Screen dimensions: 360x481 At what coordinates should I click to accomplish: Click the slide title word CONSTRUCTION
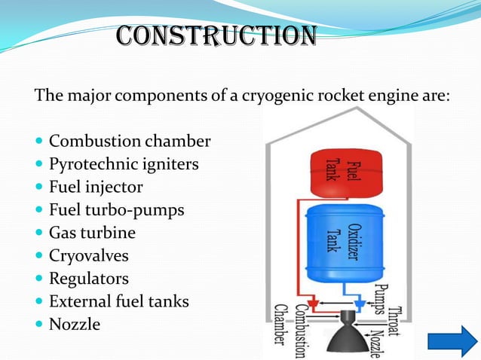(x=216, y=35)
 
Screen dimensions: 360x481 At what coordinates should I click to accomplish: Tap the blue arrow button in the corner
(x=452, y=340)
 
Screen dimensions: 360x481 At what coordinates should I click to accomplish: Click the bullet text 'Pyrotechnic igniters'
(x=124, y=164)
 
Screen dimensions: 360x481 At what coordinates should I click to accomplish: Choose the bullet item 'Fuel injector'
(x=96, y=187)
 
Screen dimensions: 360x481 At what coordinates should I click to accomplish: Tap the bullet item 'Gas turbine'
(x=92, y=233)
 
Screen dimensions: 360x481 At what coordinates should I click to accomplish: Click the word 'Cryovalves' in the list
(x=89, y=256)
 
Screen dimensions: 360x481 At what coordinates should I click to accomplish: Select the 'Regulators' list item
(x=89, y=279)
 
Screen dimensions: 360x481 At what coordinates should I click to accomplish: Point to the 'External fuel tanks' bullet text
(x=119, y=302)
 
